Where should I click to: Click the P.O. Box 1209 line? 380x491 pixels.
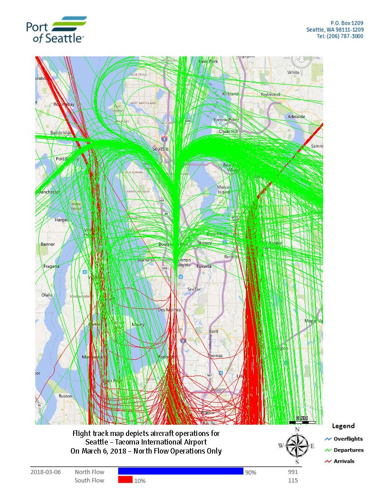[x=347, y=23]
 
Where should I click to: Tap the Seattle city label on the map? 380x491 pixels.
[x=160, y=148]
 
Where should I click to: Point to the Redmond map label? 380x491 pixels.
[x=270, y=95]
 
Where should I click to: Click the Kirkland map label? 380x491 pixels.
[x=231, y=93]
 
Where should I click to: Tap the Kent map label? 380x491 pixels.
[x=213, y=331]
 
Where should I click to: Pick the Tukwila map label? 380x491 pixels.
[x=204, y=266]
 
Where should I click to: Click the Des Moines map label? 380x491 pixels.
[x=169, y=310]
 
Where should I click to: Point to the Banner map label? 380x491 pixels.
[x=47, y=244]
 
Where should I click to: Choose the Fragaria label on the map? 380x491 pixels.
[x=51, y=266]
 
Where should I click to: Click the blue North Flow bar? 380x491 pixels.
[x=181, y=471]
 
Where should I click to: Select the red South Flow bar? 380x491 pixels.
[x=125, y=480]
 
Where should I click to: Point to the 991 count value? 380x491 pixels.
[x=292, y=472]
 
